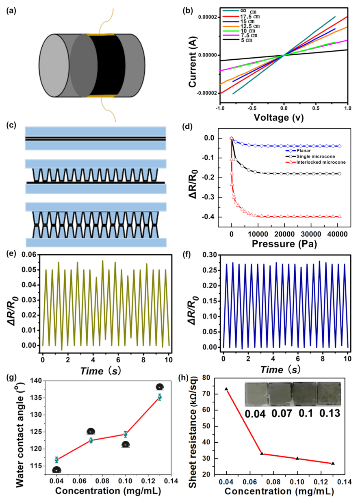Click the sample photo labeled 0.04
click(256, 394)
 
